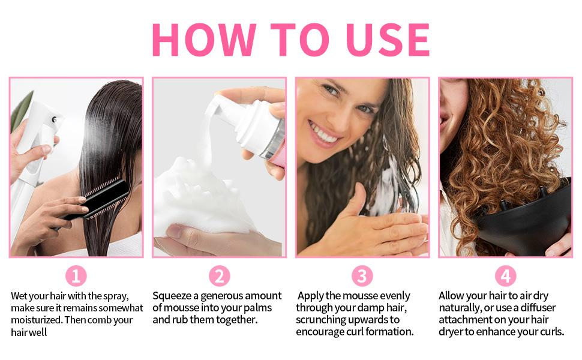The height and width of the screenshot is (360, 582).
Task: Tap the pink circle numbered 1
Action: click(76, 275)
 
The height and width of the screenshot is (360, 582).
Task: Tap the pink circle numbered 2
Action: click(219, 275)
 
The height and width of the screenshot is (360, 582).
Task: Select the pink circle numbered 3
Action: click(362, 275)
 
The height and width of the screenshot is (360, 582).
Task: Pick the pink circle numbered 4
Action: click(505, 275)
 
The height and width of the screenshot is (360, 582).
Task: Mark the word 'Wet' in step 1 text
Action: click(20, 296)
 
